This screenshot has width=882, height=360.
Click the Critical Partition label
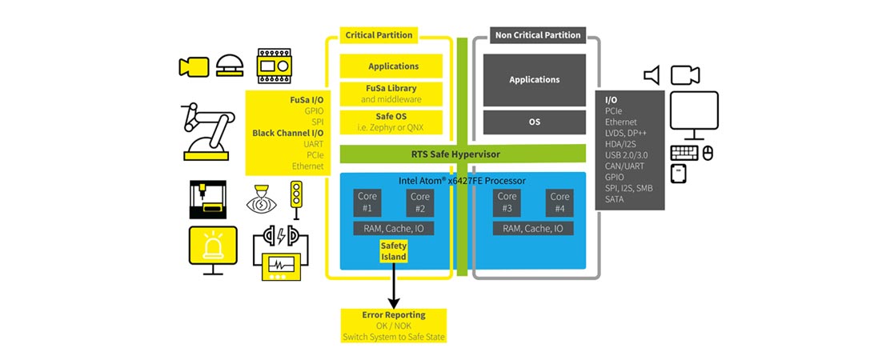pyautogui.click(x=379, y=35)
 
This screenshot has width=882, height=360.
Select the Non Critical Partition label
pyautogui.click(x=537, y=35)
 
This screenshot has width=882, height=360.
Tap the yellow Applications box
pyautogui.click(x=393, y=66)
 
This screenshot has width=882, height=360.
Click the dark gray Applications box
pyautogui.click(x=534, y=80)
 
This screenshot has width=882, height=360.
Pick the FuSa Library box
pyautogui.click(x=393, y=94)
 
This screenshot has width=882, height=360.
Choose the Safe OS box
pyautogui.click(x=393, y=121)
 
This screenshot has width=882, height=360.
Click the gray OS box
pyautogui.click(x=534, y=122)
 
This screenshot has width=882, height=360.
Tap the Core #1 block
pyautogui.click(x=367, y=202)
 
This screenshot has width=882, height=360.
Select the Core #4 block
pyautogui.click(x=559, y=202)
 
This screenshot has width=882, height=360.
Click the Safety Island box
pyautogui.click(x=393, y=251)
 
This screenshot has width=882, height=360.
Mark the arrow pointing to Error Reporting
pyautogui.click(x=393, y=287)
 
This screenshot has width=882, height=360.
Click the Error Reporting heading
pyautogui.click(x=393, y=314)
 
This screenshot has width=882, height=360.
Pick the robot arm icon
pyautogui.click(x=207, y=131)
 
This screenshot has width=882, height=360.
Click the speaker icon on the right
pyautogui.click(x=651, y=75)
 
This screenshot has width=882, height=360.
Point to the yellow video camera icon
pyautogui.click(x=193, y=66)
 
